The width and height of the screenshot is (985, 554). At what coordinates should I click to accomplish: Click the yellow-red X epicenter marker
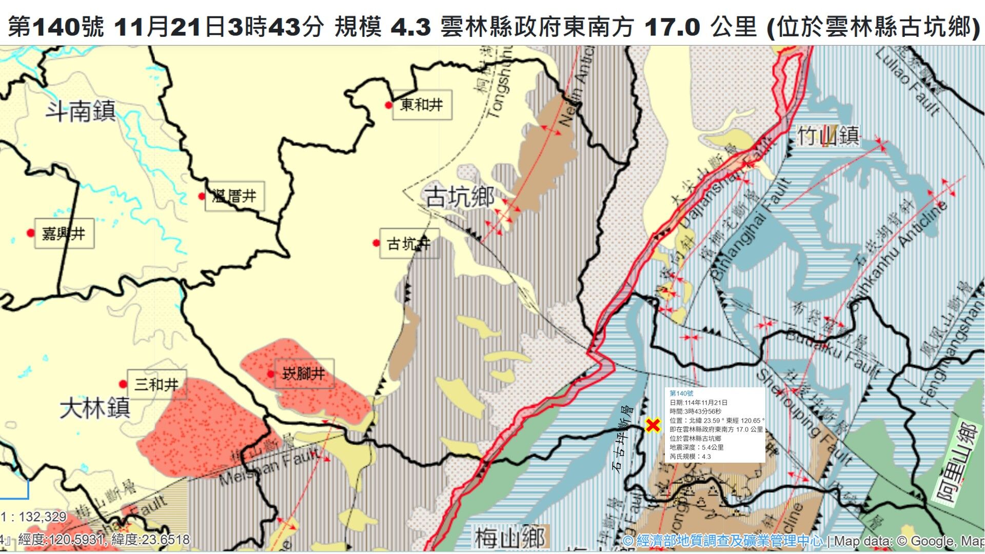[653, 425]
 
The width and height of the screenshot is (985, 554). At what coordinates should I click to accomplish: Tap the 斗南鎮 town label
[81, 111]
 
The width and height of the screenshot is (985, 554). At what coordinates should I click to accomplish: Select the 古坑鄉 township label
[460, 197]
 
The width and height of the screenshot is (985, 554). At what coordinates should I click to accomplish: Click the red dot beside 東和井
[389, 105]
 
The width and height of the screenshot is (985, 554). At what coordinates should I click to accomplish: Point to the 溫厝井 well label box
[234, 196]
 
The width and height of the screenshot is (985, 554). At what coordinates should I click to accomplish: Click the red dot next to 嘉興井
[31, 233]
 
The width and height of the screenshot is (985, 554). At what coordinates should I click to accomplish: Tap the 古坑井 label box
[409, 244]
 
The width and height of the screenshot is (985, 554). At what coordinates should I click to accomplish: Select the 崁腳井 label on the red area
[304, 373]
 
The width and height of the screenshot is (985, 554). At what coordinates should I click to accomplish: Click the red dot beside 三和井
[123, 384]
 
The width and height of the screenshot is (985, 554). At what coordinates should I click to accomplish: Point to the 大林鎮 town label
[95, 409]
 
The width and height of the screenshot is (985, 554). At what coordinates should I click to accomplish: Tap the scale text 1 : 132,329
[34, 517]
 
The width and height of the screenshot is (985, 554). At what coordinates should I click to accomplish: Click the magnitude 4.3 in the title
[410, 27]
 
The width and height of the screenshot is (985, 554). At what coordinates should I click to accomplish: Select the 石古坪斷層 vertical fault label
[623, 439]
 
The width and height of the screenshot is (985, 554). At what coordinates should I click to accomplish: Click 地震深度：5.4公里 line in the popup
[696, 447]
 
